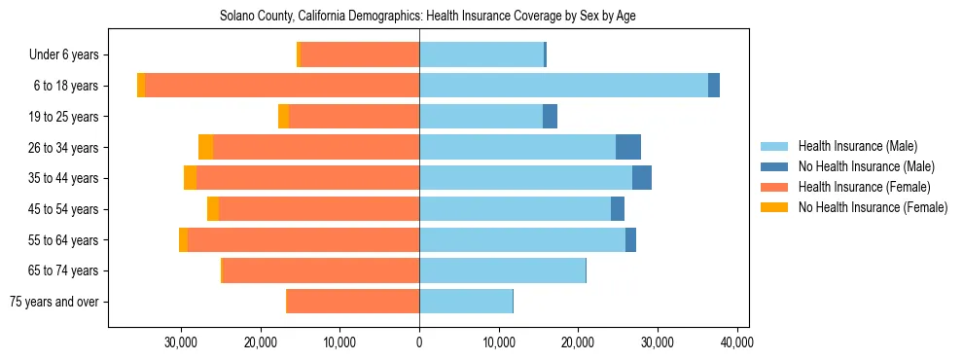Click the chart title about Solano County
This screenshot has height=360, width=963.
pyautogui.click(x=428, y=17)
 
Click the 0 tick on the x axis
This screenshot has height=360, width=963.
pyautogui.click(x=419, y=342)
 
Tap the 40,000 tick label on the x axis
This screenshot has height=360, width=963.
pyautogui.click(x=736, y=342)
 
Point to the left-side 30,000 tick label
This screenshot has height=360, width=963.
pyautogui.click(x=182, y=342)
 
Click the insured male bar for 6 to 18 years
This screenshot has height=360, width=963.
pyautogui.click(x=563, y=86)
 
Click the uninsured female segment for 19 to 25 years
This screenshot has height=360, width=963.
pyautogui.click(x=283, y=117)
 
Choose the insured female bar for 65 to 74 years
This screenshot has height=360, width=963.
pyautogui.click(x=321, y=270)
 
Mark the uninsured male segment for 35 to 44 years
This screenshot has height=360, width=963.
pyautogui.click(x=642, y=178)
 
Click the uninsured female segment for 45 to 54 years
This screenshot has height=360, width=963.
pyautogui.click(x=213, y=209)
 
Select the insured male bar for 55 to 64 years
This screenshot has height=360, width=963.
pyautogui.click(x=522, y=240)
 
